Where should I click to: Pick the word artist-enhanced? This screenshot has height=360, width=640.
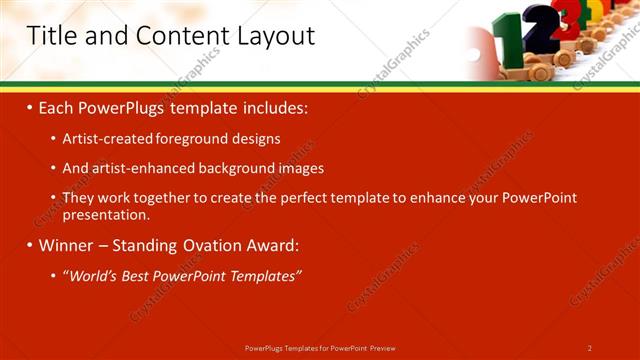pos(145,169)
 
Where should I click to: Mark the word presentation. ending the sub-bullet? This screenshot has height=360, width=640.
pos(106,214)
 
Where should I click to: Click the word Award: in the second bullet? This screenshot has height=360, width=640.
pos(273,245)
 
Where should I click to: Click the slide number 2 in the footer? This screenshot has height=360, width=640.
pos(590,348)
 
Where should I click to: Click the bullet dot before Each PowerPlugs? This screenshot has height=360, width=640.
pos(30,106)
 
